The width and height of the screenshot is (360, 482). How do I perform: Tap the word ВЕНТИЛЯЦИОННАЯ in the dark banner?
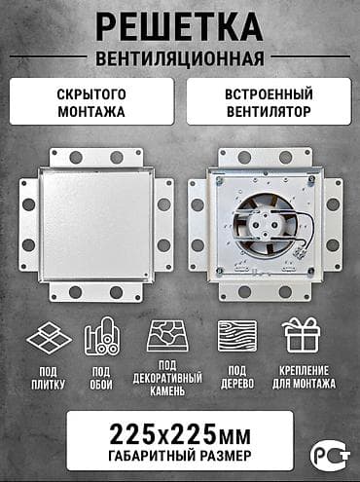pyautogui.click(x=180, y=56)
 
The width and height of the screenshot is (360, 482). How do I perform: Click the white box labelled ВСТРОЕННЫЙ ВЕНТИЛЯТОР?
pyautogui.click(x=267, y=101)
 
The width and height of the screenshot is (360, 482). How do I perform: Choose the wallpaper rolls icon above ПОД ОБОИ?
pyautogui.click(x=101, y=337)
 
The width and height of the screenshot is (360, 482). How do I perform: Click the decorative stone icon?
pyautogui.click(x=167, y=337)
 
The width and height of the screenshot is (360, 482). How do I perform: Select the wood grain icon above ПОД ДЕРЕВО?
pyautogui.click(x=237, y=337)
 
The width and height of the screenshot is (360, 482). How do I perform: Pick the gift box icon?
pyautogui.click(x=303, y=337)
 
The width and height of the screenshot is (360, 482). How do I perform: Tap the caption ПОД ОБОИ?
pyautogui.click(x=101, y=377)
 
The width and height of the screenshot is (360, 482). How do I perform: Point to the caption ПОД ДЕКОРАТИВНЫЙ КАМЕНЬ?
pyautogui.click(x=167, y=382)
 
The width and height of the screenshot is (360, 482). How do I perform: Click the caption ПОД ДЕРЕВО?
pyautogui.click(x=237, y=377)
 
